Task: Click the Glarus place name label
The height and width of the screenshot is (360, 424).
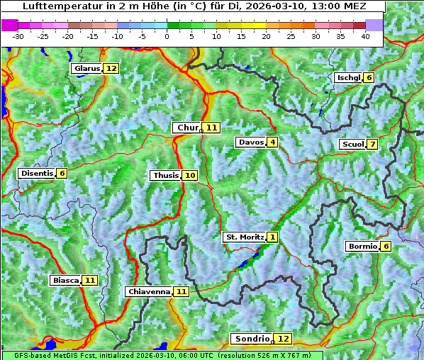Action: [87, 69]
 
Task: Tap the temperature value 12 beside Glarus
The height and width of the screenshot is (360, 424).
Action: [111, 69]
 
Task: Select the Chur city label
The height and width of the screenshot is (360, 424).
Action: [188, 128]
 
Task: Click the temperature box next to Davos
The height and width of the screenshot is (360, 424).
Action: [272, 142]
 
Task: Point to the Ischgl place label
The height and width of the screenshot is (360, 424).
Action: [348, 77]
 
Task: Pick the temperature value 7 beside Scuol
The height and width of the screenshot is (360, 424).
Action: [372, 145]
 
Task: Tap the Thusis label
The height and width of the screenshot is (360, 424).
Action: [165, 176]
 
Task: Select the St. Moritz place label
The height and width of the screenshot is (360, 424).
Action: [244, 237]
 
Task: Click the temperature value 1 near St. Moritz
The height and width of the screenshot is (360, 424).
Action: [273, 237]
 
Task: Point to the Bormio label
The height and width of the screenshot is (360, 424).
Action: [362, 247]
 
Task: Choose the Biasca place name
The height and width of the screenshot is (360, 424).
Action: [65, 281]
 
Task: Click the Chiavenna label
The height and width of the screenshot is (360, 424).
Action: [149, 291]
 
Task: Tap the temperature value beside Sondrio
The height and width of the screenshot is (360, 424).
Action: [283, 339]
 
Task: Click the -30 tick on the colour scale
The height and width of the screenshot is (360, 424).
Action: [18, 36]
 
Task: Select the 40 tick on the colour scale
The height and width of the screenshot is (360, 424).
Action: [365, 36]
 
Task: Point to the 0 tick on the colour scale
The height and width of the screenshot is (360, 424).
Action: [167, 36]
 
